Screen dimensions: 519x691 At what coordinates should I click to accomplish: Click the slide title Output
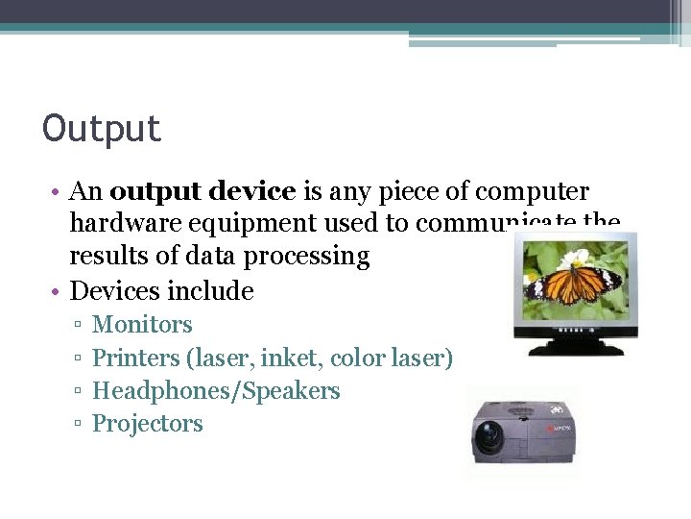[x=102, y=129]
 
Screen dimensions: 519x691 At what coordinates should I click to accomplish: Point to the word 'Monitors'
[x=142, y=325]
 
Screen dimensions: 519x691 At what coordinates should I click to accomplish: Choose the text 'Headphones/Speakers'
[x=216, y=391]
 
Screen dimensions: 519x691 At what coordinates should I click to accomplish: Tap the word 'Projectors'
[x=147, y=424]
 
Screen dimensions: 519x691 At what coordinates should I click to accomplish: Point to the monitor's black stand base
[x=577, y=346]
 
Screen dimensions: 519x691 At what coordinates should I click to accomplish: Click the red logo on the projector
[x=559, y=428]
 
